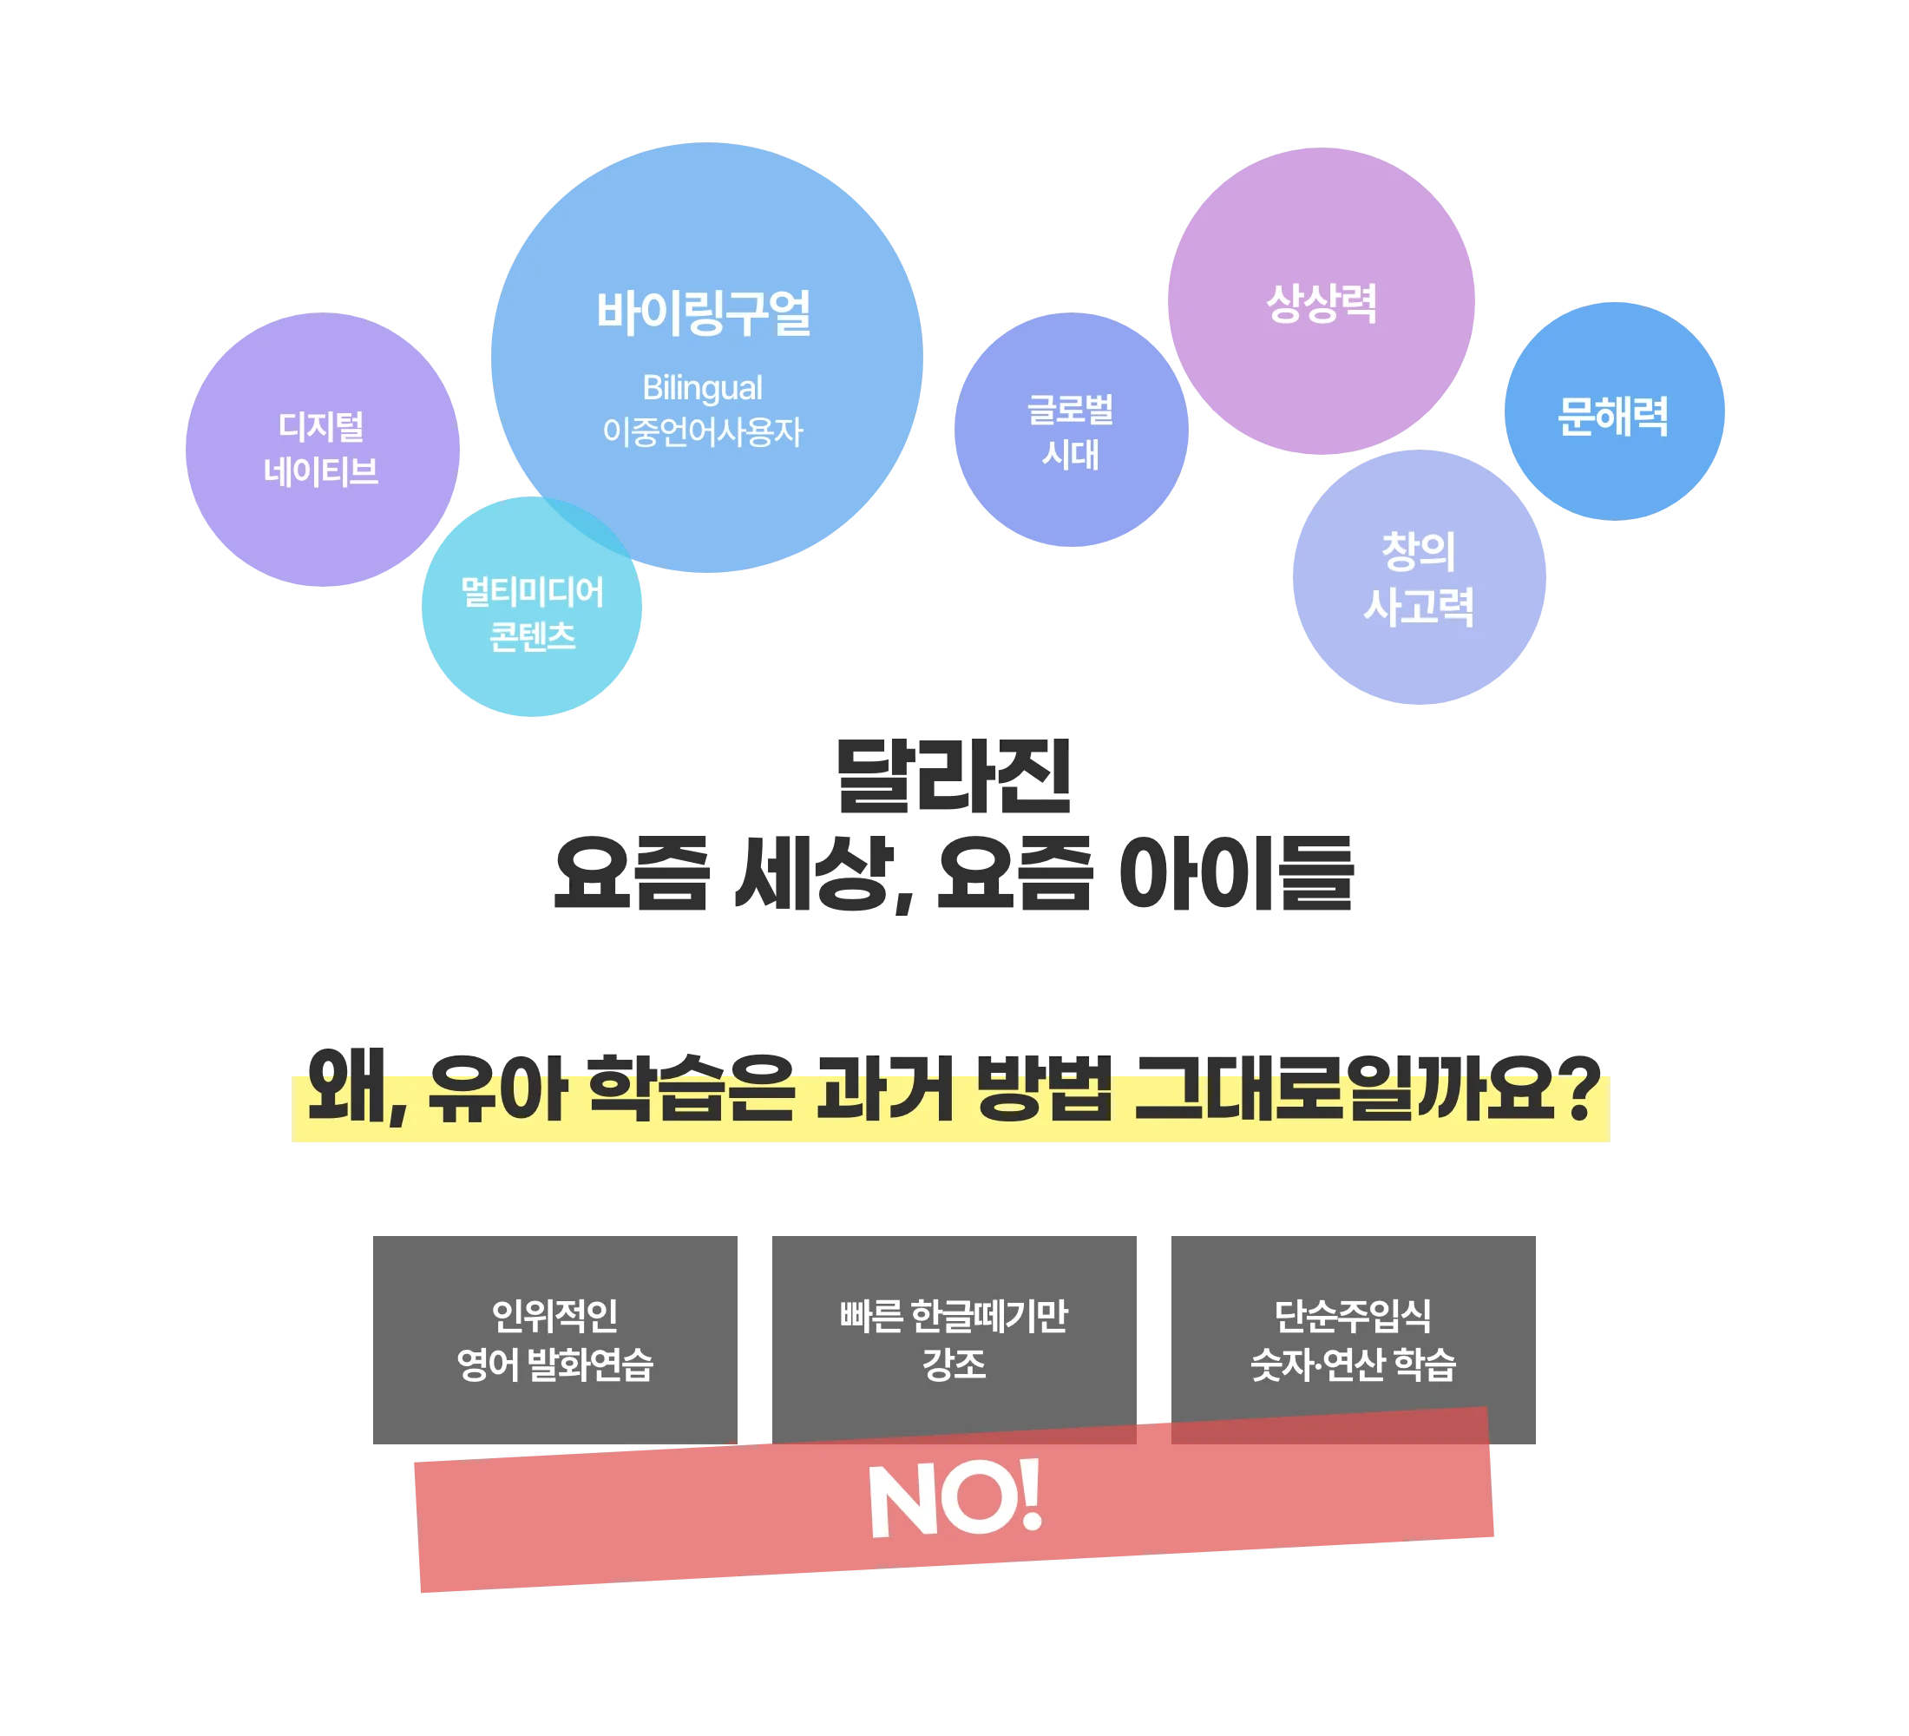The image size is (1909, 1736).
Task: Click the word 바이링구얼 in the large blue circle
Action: [x=703, y=313]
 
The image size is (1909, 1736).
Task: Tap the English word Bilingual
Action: [x=702, y=388]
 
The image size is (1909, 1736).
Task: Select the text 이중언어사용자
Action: [x=702, y=433]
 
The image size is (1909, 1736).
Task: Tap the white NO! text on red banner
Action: [x=954, y=1497]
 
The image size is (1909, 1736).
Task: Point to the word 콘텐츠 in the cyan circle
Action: [x=531, y=635]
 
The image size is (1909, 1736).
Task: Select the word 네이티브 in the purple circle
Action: [x=321, y=471]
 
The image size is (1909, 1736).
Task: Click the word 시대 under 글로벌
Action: [x=1070, y=456]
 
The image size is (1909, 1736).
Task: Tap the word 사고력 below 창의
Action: [x=1419, y=606]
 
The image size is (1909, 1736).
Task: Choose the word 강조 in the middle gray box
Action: [x=954, y=1364]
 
